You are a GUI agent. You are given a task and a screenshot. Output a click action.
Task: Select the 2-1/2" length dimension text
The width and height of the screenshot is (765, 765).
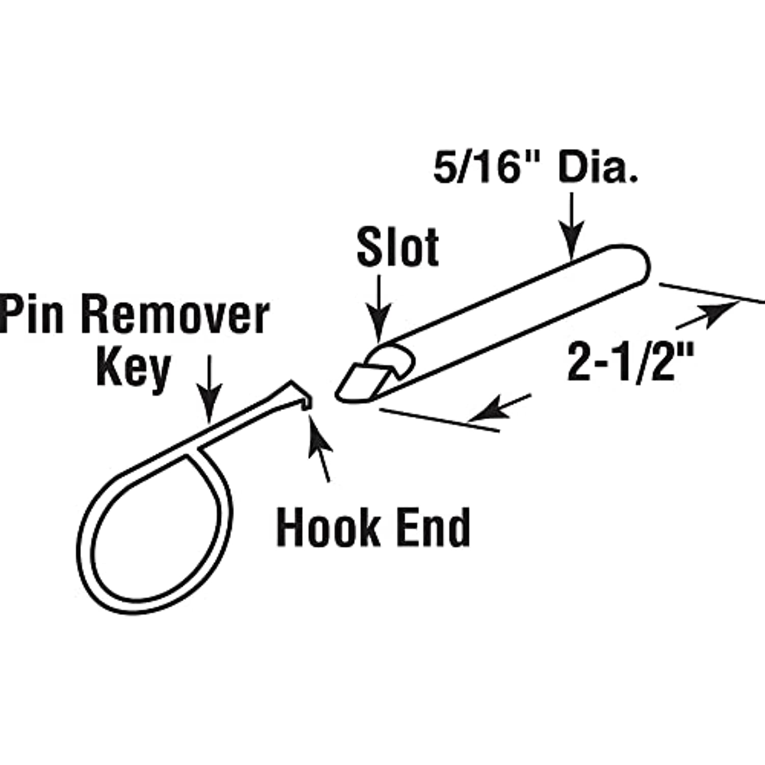pyautogui.click(x=631, y=362)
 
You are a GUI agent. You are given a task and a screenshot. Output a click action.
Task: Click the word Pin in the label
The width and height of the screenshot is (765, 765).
pyautogui.click(x=32, y=315)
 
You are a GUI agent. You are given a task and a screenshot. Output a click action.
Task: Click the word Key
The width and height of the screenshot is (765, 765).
pyautogui.click(x=133, y=368)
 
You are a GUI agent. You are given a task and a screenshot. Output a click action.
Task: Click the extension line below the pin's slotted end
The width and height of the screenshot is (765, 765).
pyautogui.click(x=439, y=421)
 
